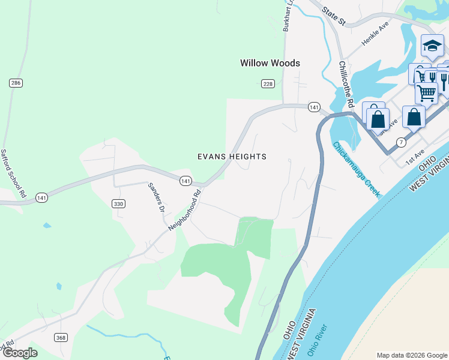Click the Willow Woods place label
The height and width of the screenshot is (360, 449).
click(270, 63)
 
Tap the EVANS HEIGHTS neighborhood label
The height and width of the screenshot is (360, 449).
click(232, 157)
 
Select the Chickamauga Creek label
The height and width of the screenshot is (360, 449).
click(356, 169)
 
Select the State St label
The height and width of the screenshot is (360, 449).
click(334, 16)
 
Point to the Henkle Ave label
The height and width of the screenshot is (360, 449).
click(375, 35)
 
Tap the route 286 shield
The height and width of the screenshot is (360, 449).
click(16, 83)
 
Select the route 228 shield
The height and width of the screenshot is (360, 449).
click(268, 84)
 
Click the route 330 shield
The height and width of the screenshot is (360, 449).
click(118, 204)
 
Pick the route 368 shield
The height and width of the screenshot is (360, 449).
click(61, 338)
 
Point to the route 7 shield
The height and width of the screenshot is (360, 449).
click(400, 142)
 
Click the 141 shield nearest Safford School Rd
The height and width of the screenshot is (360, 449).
click(41, 197)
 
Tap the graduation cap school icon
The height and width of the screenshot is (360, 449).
click(432, 46)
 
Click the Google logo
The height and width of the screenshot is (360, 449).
click(19, 353)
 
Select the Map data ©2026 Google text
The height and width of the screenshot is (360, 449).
click(411, 355)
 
